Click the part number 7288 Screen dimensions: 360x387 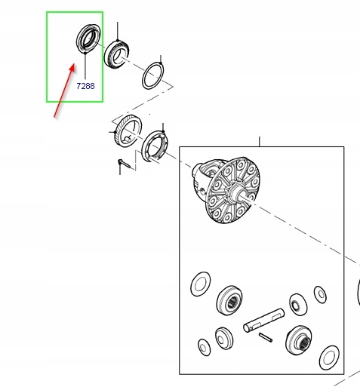coord(85,86)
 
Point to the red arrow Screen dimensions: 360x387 coord(64,91)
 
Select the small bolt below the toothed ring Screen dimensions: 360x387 coord(124,164)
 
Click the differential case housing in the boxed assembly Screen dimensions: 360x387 coord(226,190)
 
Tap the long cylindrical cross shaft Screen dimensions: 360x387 coord(263,320)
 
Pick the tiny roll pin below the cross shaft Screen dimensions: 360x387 coord(266,337)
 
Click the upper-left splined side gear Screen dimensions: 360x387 coord(229,300)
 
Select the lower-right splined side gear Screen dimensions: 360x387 coord(298,340)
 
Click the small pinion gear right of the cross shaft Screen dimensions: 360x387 coord(298,305)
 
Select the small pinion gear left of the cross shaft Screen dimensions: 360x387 coord(224,339)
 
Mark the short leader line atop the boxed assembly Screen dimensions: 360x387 coord(260,142)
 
